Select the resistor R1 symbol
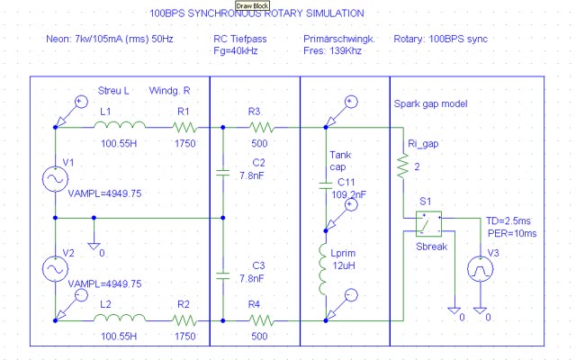[x=184, y=128]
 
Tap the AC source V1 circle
[x=55, y=179]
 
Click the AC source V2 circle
[x=55, y=268]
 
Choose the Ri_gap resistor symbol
[x=400, y=165]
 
